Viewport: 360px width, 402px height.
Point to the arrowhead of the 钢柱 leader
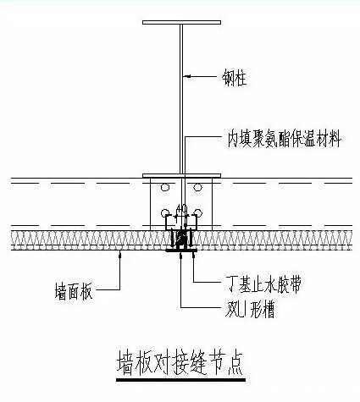(x=187, y=77)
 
